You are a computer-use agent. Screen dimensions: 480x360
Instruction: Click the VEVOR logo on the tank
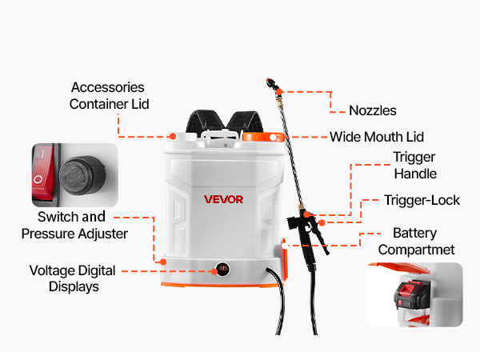(223, 199)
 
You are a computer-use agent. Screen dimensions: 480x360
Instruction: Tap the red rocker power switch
(43, 173)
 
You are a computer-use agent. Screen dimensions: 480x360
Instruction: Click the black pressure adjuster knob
(82, 175)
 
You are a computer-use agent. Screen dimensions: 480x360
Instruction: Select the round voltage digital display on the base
(223, 269)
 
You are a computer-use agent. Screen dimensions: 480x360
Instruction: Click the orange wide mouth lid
(263, 137)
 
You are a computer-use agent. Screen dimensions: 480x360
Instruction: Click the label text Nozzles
(373, 110)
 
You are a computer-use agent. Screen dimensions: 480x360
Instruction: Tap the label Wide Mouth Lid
(377, 137)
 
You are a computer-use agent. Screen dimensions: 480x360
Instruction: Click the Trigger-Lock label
(422, 200)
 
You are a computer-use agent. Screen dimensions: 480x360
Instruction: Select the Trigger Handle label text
(414, 166)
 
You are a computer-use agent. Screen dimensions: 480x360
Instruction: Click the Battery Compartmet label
(416, 242)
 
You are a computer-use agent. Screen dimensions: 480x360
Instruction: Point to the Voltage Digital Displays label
(73, 278)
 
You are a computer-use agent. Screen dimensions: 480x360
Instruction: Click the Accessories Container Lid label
(109, 96)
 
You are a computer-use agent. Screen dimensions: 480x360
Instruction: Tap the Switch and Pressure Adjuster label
(74, 226)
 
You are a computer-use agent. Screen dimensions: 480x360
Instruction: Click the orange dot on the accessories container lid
(173, 137)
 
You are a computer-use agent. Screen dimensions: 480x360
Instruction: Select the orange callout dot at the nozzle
(279, 92)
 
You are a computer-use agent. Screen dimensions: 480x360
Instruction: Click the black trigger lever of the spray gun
(320, 238)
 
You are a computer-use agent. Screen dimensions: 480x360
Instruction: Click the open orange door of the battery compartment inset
(401, 267)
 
